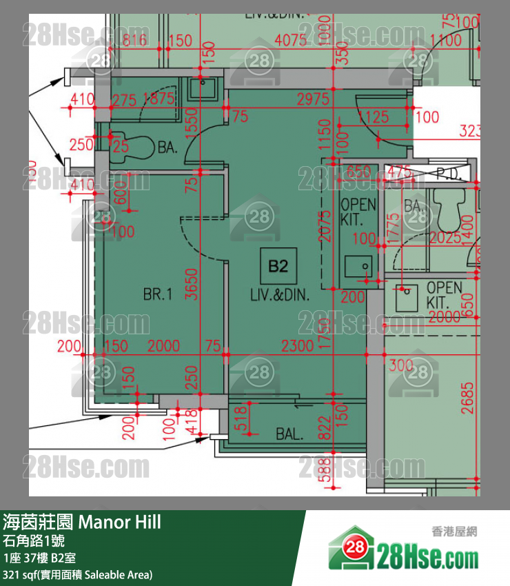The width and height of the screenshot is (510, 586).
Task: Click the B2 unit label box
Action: pyautogui.click(x=278, y=266)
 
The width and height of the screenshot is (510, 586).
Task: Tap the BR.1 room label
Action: pyautogui.click(x=157, y=295)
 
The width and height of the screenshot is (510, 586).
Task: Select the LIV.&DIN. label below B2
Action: pyautogui.click(x=280, y=295)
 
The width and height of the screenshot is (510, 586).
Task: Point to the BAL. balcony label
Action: pyautogui.click(x=289, y=434)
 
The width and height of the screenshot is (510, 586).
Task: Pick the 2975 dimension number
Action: pyautogui.click(x=313, y=99)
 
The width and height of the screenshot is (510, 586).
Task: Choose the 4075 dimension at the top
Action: pyautogui.click(x=291, y=40)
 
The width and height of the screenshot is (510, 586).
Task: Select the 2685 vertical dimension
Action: pyautogui.click(x=469, y=398)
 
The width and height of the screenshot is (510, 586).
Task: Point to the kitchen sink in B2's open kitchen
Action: pyautogui.click(x=358, y=265)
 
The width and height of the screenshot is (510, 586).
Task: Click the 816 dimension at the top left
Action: pyautogui.click(x=135, y=40)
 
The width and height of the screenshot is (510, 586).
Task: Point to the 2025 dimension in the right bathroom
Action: pyautogui.click(x=445, y=239)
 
